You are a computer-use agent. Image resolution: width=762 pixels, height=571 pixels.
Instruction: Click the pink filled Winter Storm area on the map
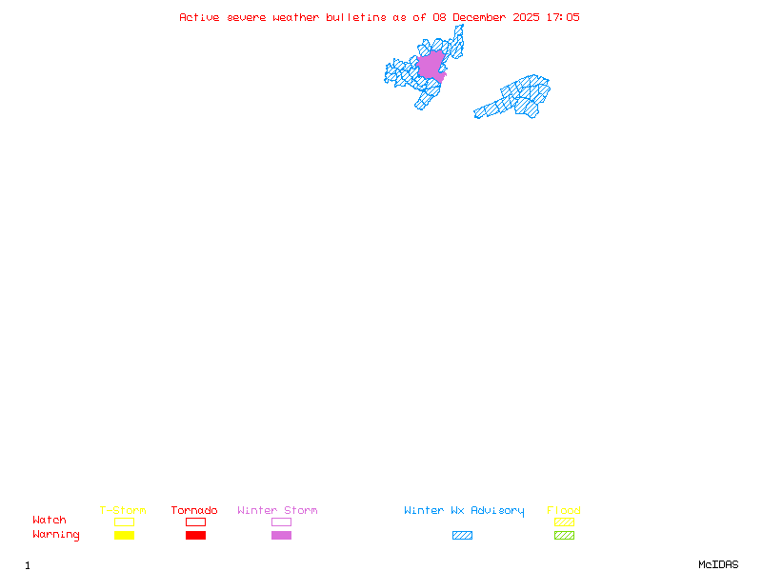pos(431,65)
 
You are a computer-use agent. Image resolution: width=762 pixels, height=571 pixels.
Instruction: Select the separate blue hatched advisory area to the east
pos(519,97)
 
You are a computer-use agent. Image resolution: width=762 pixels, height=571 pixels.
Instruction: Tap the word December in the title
pos(482,17)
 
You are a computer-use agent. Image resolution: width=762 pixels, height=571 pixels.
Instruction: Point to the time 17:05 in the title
pos(562,17)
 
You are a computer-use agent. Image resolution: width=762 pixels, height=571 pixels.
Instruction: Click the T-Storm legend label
pos(123,511)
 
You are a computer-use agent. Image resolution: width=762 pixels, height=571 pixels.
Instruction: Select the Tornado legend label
pos(194,511)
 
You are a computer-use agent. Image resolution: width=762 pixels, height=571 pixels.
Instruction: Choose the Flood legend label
pos(564,511)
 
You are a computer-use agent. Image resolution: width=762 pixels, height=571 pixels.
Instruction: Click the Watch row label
pos(50,521)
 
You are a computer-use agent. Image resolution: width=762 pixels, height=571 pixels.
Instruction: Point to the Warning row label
pos(56,535)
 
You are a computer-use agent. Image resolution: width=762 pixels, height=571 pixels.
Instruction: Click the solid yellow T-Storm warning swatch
pos(124,536)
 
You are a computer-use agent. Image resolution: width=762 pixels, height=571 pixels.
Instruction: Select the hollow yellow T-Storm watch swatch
pos(124,522)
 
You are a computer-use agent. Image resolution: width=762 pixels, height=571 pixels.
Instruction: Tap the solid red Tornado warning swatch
pos(195,536)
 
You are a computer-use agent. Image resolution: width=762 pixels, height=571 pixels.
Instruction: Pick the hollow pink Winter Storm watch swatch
pos(281,522)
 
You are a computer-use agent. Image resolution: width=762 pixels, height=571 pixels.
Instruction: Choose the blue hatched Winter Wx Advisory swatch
pos(462,536)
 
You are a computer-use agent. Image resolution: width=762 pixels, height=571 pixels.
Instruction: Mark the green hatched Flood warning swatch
pos(564,536)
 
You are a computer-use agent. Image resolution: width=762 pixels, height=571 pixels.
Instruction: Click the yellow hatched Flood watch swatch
pos(564,522)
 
